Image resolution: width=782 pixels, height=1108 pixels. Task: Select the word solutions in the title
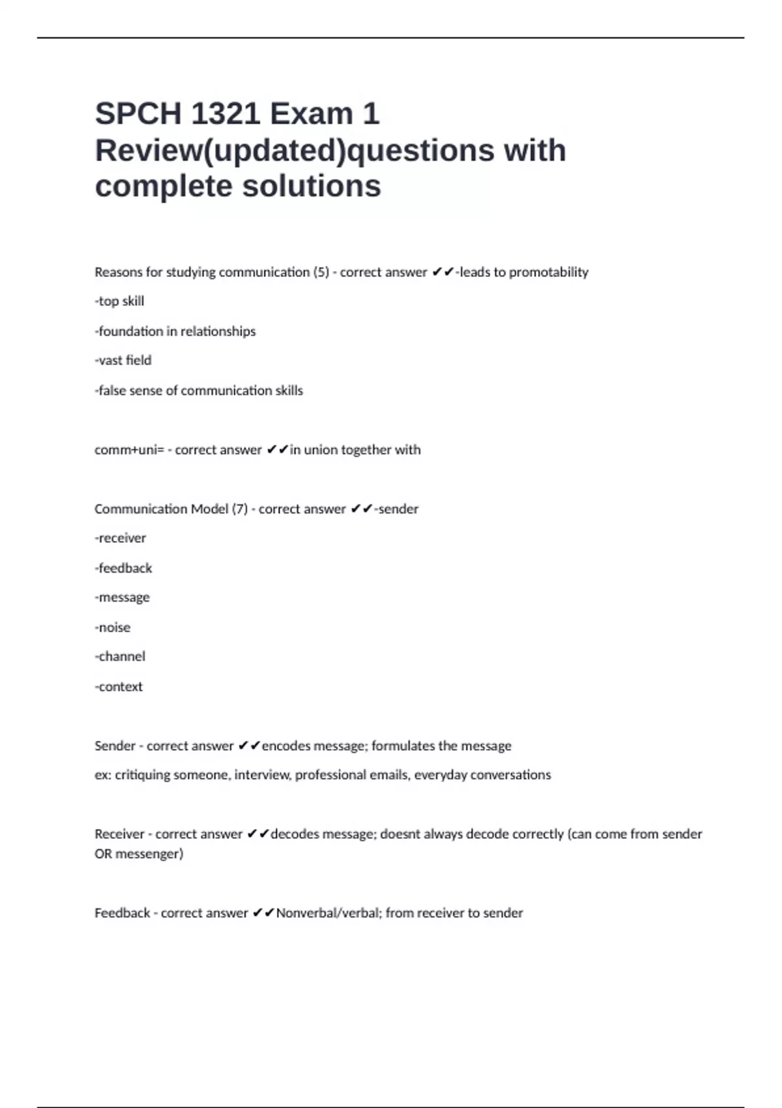311,186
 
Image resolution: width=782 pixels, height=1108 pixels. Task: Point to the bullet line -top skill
119,301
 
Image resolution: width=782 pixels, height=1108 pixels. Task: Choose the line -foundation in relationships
175,331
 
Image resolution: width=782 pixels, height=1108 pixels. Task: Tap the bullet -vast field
123,360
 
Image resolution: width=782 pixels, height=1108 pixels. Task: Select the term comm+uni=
129,450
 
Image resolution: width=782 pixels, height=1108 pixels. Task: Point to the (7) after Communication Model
240,509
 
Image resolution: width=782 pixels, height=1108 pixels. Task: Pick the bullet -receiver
120,538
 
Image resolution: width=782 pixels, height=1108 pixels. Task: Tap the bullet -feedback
123,568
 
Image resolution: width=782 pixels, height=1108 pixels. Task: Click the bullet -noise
112,628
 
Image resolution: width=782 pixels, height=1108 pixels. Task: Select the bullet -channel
120,656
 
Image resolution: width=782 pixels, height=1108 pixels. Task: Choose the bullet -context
118,686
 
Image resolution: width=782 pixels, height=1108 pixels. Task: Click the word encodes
285,746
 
